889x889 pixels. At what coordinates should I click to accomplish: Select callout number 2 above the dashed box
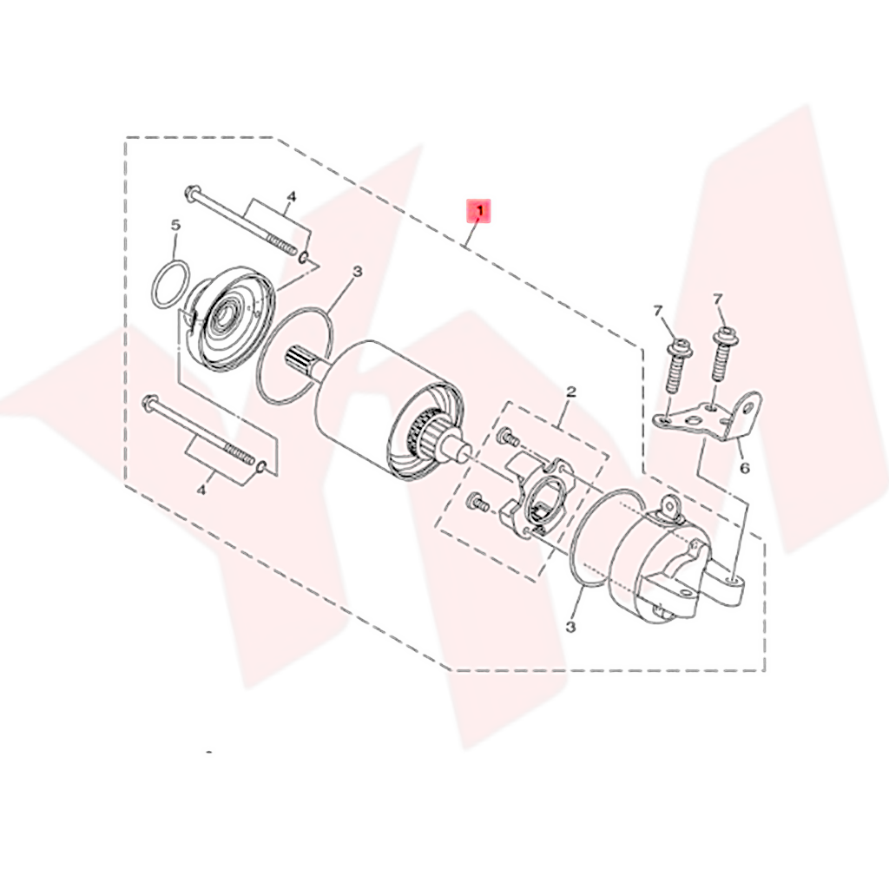tap(571, 392)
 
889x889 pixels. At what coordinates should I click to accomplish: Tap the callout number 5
tap(175, 225)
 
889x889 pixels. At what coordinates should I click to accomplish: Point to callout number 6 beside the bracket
tap(743, 469)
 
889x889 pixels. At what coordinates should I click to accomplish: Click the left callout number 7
tap(658, 310)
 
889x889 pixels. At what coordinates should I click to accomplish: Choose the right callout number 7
tap(718, 300)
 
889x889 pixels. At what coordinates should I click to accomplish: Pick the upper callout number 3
tap(356, 273)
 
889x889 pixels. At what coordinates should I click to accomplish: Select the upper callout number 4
tap(292, 197)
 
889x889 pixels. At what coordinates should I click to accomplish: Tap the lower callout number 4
tap(201, 491)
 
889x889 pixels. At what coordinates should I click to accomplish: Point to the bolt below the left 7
tap(677, 365)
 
